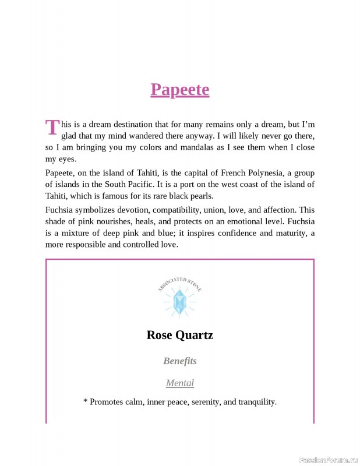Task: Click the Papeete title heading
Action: coord(179,90)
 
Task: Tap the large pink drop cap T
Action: coord(52,127)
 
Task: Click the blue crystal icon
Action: coord(180,301)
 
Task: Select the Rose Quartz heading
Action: coord(179,336)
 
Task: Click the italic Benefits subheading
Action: coord(179,361)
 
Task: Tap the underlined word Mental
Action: coord(179,383)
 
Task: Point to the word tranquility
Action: coord(250,402)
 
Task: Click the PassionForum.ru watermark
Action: coord(327,460)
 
